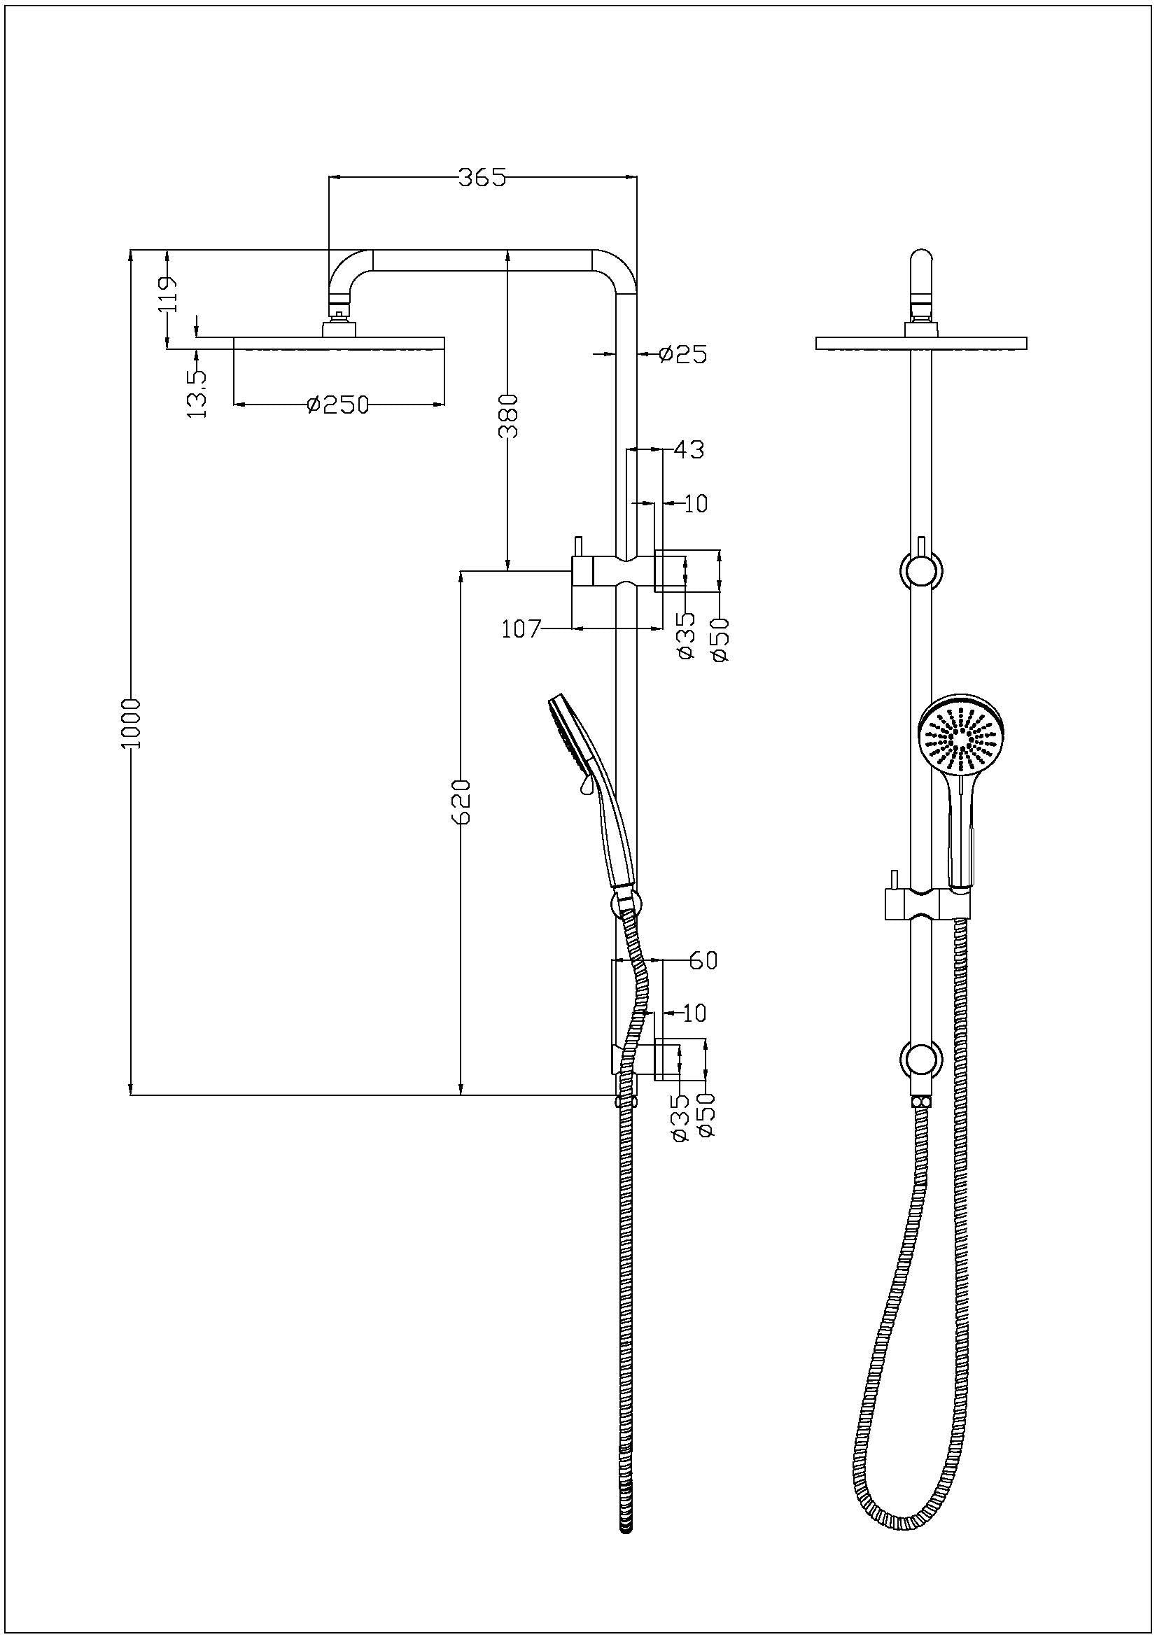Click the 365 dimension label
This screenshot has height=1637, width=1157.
(481, 178)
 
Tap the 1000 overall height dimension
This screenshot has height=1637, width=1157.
(132, 723)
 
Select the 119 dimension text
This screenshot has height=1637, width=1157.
(169, 295)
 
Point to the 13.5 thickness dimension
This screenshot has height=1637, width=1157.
(197, 393)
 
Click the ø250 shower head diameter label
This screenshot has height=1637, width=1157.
(338, 405)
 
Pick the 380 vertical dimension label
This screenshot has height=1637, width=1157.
(507, 416)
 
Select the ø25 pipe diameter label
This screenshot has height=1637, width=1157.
(683, 353)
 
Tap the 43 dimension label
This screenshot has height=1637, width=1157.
(688, 450)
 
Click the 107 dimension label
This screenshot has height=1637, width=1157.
(522, 629)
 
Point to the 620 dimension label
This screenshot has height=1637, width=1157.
(462, 801)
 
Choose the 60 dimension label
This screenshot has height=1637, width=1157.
(702, 961)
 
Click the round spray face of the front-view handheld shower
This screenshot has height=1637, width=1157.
(962, 738)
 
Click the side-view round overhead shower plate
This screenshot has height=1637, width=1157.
(339, 344)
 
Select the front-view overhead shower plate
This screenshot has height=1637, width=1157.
(921, 344)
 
